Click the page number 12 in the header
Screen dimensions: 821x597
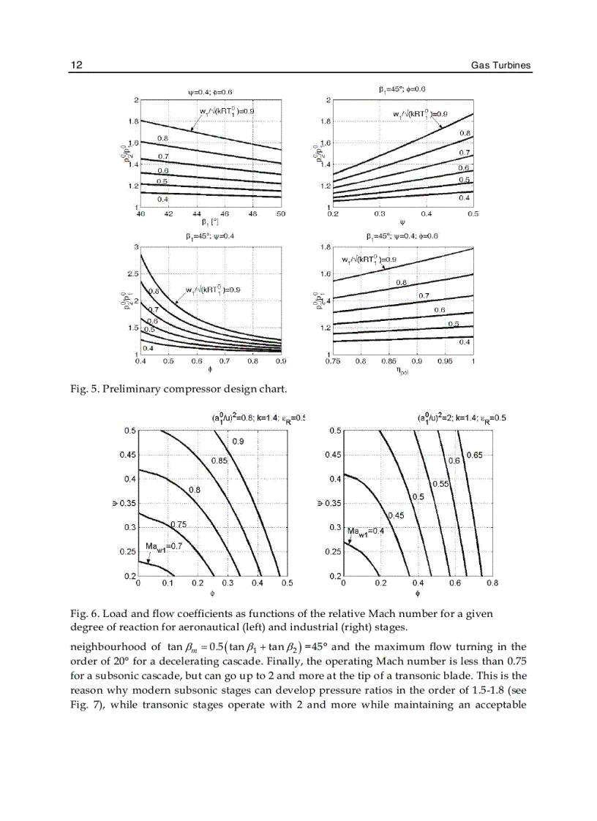[x=76, y=65]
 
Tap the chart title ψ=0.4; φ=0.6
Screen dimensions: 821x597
[x=210, y=92]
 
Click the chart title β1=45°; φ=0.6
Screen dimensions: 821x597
[x=402, y=89]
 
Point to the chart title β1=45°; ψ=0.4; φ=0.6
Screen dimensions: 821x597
[x=402, y=236]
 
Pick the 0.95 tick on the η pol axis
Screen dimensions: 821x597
[x=445, y=361]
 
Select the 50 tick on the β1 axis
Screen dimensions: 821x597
[x=280, y=214]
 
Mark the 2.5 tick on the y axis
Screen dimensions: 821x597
[x=131, y=274]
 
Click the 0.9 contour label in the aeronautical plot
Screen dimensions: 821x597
[x=239, y=442]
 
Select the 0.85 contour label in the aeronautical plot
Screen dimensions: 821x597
[x=219, y=461]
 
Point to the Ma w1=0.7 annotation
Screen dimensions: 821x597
[x=163, y=546]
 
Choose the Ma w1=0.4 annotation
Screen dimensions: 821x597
[x=366, y=531]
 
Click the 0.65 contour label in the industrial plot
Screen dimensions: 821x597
[x=474, y=455]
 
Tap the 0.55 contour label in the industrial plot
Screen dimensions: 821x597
[x=440, y=484]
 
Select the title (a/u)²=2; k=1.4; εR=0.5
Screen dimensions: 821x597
[x=461, y=418]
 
